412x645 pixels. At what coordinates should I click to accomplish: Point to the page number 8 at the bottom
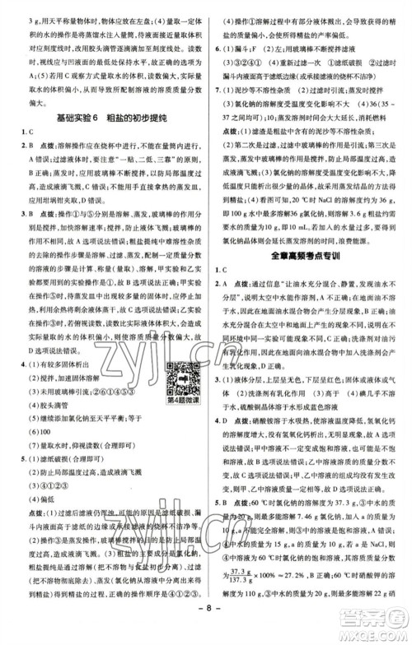pos(207,632)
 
